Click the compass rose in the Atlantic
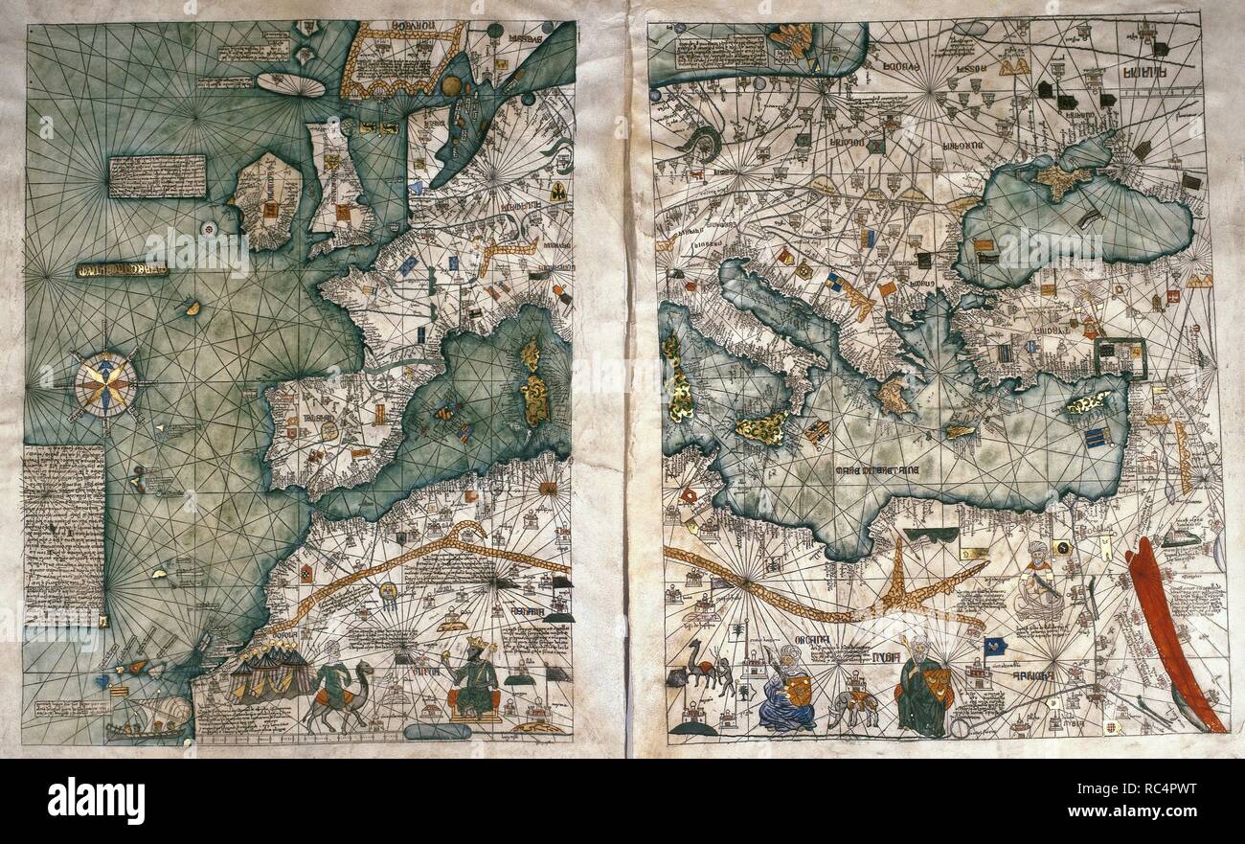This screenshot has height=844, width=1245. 104,384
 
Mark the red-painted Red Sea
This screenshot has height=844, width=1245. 1173,632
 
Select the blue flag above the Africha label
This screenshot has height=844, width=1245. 993,647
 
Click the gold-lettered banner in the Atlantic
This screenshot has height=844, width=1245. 122,270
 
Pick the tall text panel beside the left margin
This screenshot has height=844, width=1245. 63,532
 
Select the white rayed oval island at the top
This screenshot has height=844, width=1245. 291,85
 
